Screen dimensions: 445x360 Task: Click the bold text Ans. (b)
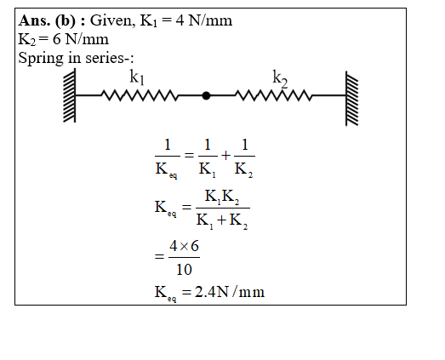tap(47, 20)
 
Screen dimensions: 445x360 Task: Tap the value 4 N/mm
tap(203, 20)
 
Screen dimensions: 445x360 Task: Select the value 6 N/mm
tap(81, 39)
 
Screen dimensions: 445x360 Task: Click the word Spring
tap(41, 59)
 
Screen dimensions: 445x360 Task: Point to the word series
tap(104, 58)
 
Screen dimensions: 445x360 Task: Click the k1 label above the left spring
tap(137, 77)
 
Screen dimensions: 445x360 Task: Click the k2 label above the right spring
tap(280, 78)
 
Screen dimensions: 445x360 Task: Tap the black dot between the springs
tap(206, 95)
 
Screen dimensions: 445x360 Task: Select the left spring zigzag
tap(140, 95)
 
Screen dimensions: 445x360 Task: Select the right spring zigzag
tap(274, 95)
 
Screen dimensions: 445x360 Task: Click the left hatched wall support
tap(70, 95)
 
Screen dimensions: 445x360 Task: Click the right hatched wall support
tap(352, 98)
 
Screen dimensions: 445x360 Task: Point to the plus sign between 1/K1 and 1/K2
tap(226, 155)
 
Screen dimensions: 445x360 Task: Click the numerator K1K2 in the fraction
tap(222, 197)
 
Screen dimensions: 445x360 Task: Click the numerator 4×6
tap(184, 246)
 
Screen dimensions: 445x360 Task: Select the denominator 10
tap(184, 269)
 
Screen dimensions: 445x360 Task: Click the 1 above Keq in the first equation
tap(168, 145)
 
